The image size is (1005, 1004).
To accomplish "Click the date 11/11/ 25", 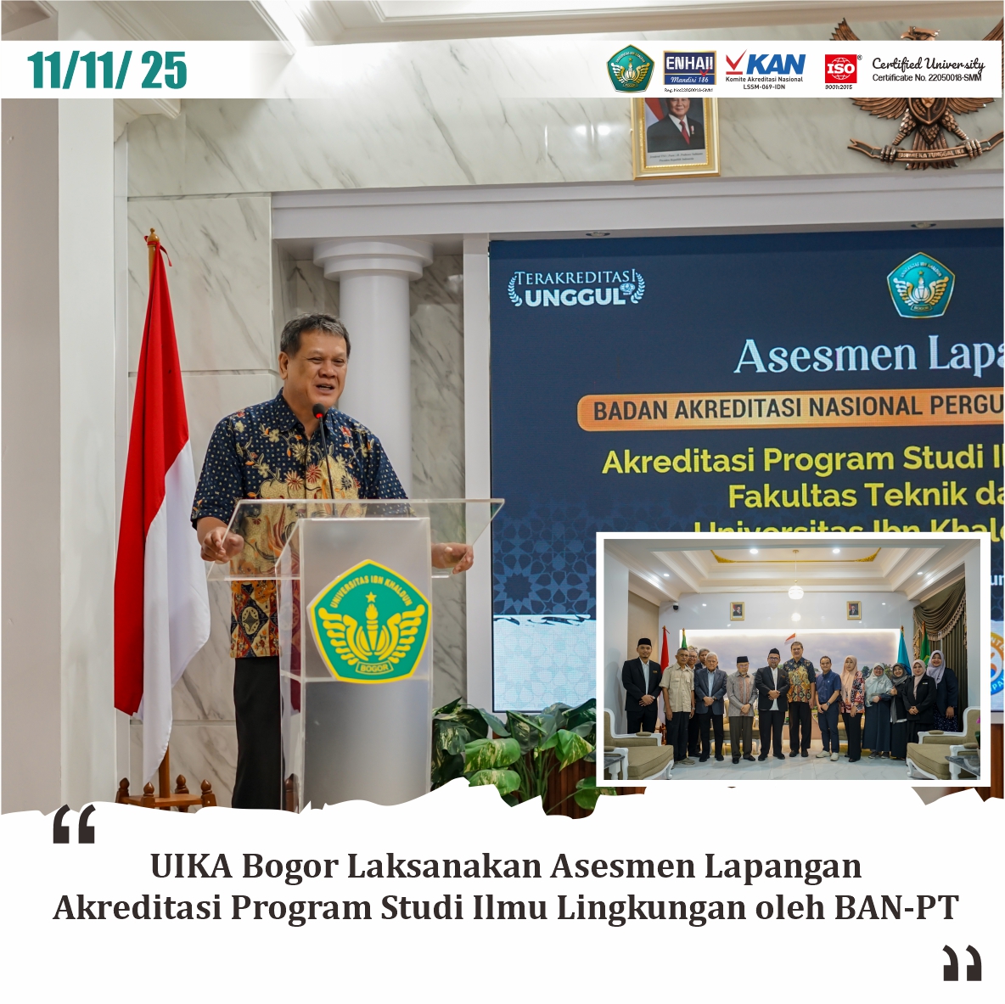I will click(107, 70).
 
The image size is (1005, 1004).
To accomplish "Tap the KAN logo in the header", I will click(764, 68).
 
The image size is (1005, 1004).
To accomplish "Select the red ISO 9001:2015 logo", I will click(840, 69).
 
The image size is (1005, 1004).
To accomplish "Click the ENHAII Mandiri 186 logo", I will click(688, 68).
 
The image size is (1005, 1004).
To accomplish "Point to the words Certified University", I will click(928, 64).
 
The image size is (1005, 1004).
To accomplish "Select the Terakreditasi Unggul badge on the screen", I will click(576, 288).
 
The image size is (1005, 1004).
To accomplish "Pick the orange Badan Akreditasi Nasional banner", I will click(789, 410).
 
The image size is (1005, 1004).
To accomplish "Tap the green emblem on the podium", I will click(369, 620).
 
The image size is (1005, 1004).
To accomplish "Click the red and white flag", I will click(158, 509).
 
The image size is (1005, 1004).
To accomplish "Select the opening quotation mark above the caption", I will click(75, 825).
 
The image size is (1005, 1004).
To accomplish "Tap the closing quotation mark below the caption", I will click(962, 962).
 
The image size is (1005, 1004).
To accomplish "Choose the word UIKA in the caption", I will click(191, 867).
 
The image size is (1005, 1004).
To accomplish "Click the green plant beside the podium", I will click(509, 747).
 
